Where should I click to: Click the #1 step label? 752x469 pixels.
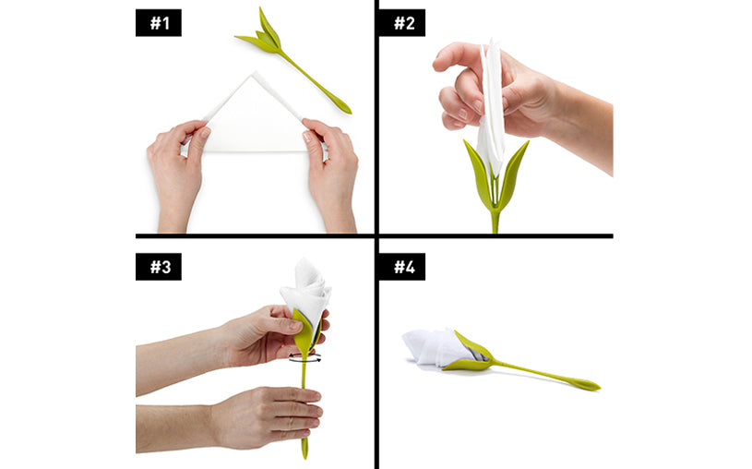pyautogui.click(x=159, y=22)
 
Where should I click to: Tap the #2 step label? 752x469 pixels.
pyautogui.click(x=402, y=22)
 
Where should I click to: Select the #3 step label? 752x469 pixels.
pyautogui.click(x=159, y=267)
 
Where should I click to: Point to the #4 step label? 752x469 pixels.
pyautogui.click(x=402, y=267)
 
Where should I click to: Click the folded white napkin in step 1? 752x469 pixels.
pyautogui.click(x=254, y=120)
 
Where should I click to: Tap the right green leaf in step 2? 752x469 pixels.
pyautogui.click(x=513, y=173)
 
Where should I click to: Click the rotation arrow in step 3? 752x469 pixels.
pyautogui.click(x=305, y=357)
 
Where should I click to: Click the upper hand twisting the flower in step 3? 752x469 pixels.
pyautogui.click(x=240, y=341)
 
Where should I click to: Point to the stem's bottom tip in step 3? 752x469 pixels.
pyautogui.click(x=304, y=455)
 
